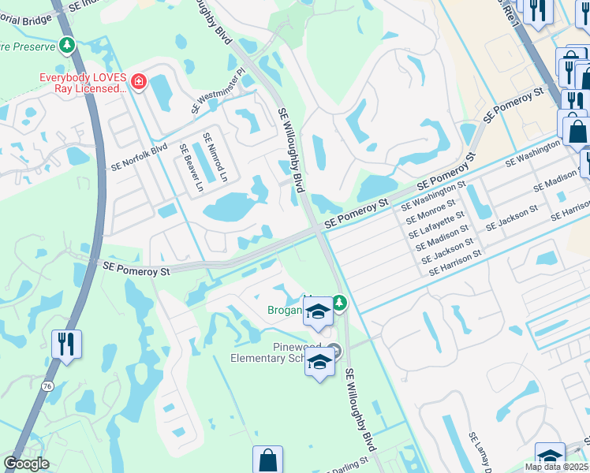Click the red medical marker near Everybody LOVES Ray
pos(139,81)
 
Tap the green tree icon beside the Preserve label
pos(68,46)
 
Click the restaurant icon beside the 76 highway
pos(66,344)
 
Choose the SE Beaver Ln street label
pos(190,168)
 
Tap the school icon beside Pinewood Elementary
pos(319,363)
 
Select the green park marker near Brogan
pos(339,303)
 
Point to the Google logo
pos(26,464)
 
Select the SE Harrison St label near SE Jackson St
pos(455,263)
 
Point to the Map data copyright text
pos(557,467)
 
